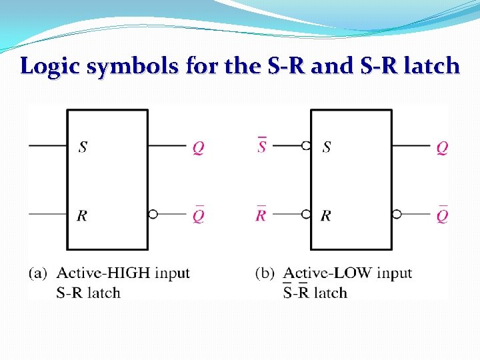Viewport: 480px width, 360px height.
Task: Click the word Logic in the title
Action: coord(47,67)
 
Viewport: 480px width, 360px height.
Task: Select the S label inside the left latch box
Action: coord(83,147)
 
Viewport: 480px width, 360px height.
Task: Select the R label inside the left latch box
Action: coord(83,215)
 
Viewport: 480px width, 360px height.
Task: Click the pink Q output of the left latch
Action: coord(198,147)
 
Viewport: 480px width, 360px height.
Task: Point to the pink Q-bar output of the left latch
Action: coord(198,215)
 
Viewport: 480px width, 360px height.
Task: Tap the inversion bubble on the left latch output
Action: coord(153,214)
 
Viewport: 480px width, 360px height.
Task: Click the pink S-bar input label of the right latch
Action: coord(262,146)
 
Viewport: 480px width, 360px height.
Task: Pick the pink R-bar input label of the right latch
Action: coord(261,215)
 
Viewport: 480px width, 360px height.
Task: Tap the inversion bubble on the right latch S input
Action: coord(306,145)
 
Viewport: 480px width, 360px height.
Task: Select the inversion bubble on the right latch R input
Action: coord(306,214)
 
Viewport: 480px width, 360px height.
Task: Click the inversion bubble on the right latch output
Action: coord(397,214)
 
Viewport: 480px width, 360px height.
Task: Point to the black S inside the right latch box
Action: coord(327,147)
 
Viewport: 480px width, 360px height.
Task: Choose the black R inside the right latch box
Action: coord(327,215)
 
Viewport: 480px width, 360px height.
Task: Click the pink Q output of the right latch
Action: coord(442,147)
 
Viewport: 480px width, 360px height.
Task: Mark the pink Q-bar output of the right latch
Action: coord(442,215)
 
